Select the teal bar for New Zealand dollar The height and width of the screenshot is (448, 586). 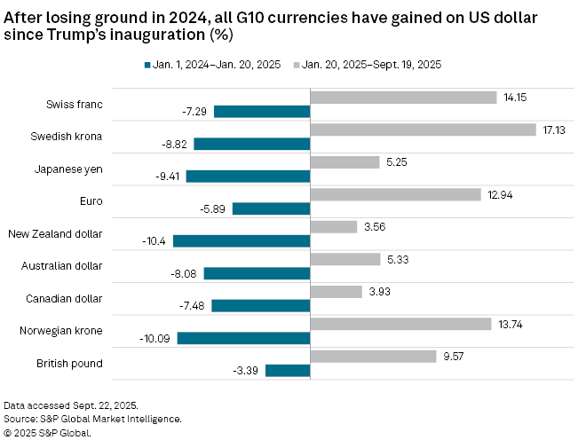(242, 240)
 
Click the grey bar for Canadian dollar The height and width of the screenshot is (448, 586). (336, 292)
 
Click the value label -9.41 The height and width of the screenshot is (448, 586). (168, 176)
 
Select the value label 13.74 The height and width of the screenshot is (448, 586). (512, 324)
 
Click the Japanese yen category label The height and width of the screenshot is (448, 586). (70, 169)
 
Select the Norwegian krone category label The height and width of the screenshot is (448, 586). (61, 331)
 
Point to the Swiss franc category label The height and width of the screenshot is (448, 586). (75, 105)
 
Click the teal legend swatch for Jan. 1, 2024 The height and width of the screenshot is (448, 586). (147, 64)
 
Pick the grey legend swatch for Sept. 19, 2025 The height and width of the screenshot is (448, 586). (296, 64)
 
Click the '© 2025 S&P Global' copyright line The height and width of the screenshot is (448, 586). (47, 433)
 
